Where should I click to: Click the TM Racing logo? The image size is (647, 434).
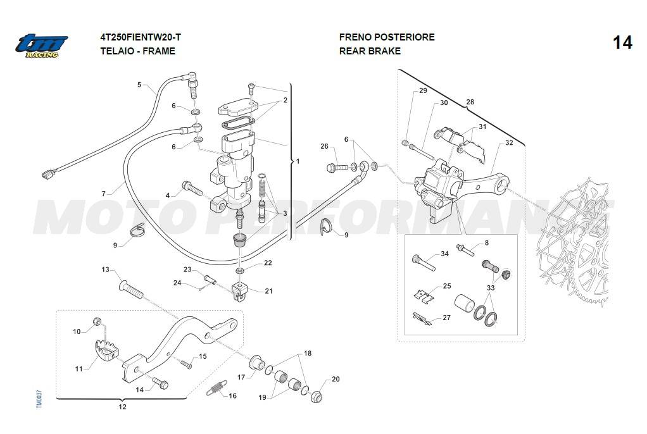(42, 45)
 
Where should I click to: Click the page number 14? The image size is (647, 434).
(622, 43)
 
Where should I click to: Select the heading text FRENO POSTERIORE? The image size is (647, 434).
(387, 37)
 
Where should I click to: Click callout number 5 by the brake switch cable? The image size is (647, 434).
(139, 85)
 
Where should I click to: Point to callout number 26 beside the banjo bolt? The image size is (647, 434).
(324, 147)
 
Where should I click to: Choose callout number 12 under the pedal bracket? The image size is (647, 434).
(122, 407)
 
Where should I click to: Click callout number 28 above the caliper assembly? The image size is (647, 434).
(470, 102)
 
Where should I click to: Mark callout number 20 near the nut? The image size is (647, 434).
(336, 380)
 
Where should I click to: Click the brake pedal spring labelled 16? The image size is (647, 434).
(215, 388)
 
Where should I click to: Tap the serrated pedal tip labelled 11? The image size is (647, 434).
(105, 349)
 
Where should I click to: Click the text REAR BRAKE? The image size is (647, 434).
(370, 51)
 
